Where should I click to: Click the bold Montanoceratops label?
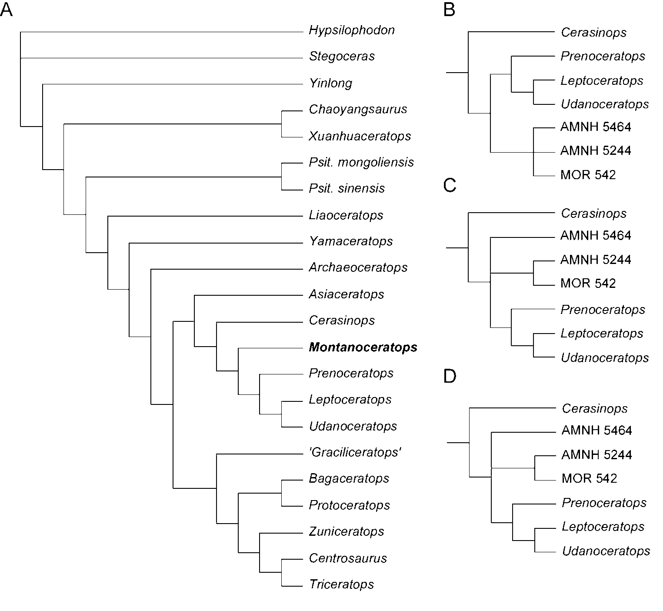[363, 347]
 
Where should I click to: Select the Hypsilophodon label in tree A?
[352, 30]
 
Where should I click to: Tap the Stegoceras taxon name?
[342, 57]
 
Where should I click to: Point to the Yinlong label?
[330, 83]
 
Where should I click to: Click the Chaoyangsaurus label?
[358, 109]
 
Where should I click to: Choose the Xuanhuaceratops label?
[360, 136]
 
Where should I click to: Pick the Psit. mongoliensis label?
[361, 162]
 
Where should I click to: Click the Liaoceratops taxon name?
[346, 215]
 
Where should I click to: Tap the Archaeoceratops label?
[358, 267]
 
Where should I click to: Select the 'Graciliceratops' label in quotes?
[355, 452]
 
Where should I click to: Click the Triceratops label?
[341, 584]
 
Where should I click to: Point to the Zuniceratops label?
[346, 531]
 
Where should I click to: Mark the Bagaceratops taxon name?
[349, 479]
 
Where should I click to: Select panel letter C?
[450, 186]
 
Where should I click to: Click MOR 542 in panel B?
[588, 175]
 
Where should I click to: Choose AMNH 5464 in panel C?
[596, 236]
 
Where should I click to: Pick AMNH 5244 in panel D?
[596, 455]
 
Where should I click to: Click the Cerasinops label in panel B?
[593, 33]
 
